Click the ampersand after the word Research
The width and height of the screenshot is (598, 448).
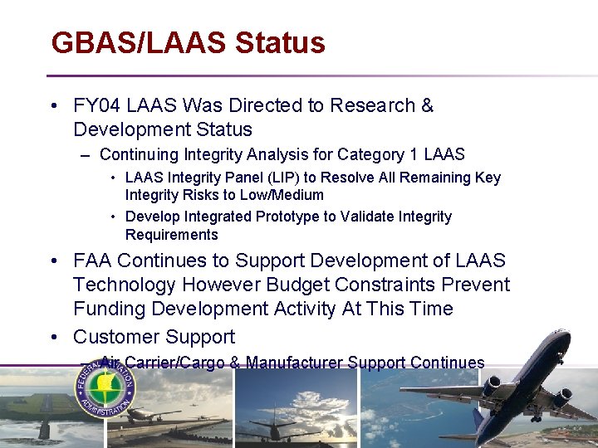coord(427,106)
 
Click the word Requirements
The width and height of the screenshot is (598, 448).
coord(171,234)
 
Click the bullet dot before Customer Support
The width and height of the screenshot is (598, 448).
coord(54,337)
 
